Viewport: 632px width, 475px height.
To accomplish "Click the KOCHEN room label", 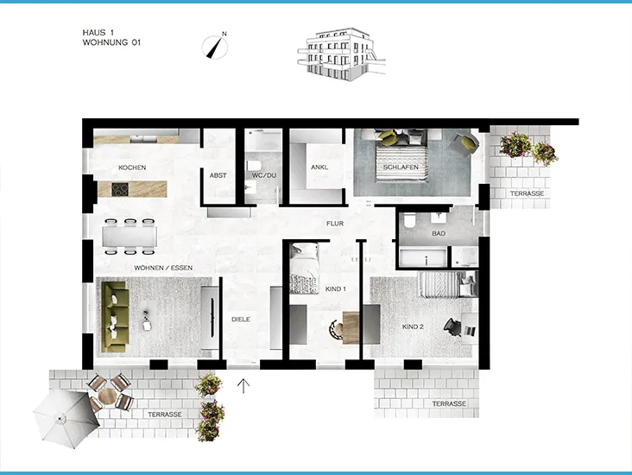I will pos(132,168).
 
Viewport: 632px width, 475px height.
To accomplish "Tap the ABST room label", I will pos(218,175).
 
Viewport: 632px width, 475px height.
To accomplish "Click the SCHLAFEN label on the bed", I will pos(401,167).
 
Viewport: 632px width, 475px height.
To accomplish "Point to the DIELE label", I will pos(241,320).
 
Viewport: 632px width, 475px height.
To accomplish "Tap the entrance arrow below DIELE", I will pos(243,385).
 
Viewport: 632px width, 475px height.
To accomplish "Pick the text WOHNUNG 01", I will pos(111,41).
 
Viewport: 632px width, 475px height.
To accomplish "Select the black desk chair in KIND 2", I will pos(452,325).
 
